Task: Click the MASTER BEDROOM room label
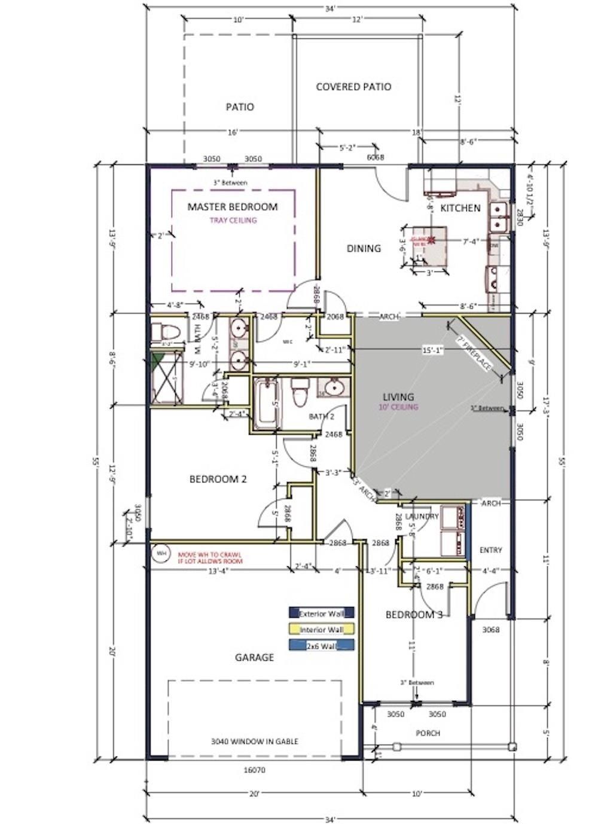coord(233,207)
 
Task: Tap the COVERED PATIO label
coord(353,87)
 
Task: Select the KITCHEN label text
coord(460,208)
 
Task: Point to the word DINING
coord(364,248)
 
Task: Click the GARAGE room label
coord(254,657)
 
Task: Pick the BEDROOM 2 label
coord(218,479)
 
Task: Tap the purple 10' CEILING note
coord(398,407)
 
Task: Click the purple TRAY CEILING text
coord(233,220)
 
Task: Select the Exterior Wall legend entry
coord(321,613)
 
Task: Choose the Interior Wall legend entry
coord(321,629)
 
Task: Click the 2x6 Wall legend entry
coord(321,645)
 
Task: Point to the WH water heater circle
coord(161,554)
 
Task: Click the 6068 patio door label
coord(375,157)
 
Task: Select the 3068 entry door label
coord(491,629)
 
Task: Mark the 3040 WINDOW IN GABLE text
coord(254,741)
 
